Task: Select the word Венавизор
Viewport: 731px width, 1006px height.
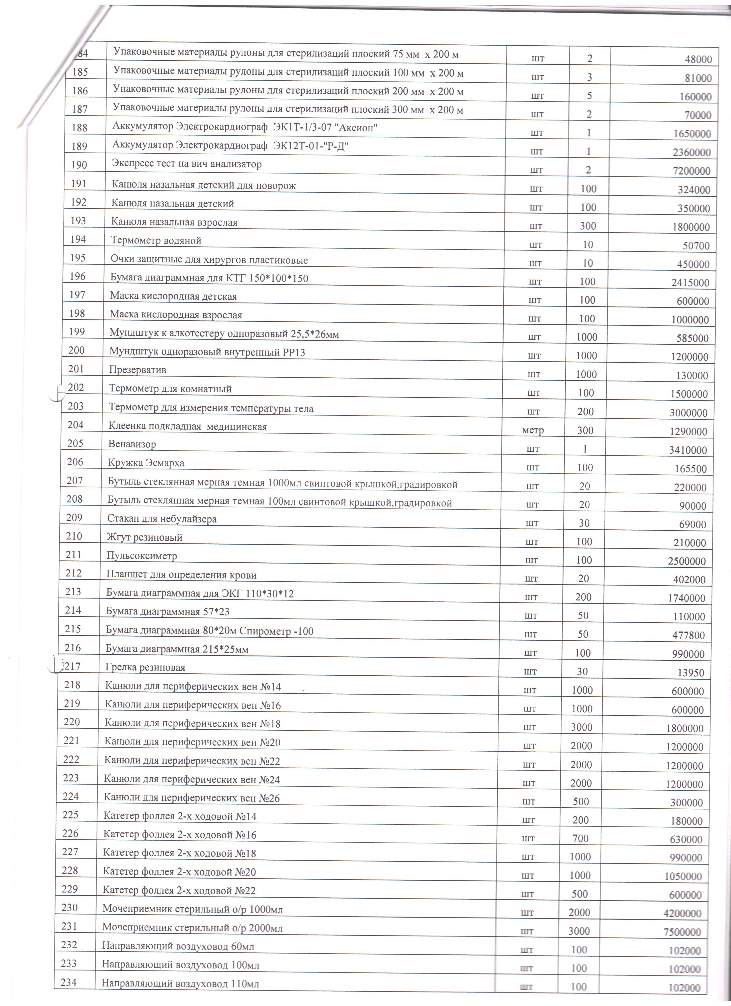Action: pyautogui.click(x=132, y=444)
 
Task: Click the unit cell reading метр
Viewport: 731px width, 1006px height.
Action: pyautogui.click(x=533, y=430)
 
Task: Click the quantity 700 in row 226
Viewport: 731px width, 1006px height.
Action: pyautogui.click(x=580, y=838)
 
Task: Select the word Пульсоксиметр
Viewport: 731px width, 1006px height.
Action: pyautogui.click(x=141, y=556)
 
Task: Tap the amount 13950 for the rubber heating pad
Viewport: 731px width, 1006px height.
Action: pyautogui.click(x=691, y=673)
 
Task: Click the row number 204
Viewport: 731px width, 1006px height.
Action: pyautogui.click(x=75, y=425)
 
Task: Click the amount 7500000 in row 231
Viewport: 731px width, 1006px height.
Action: pyautogui.click(x=682, y=932)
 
